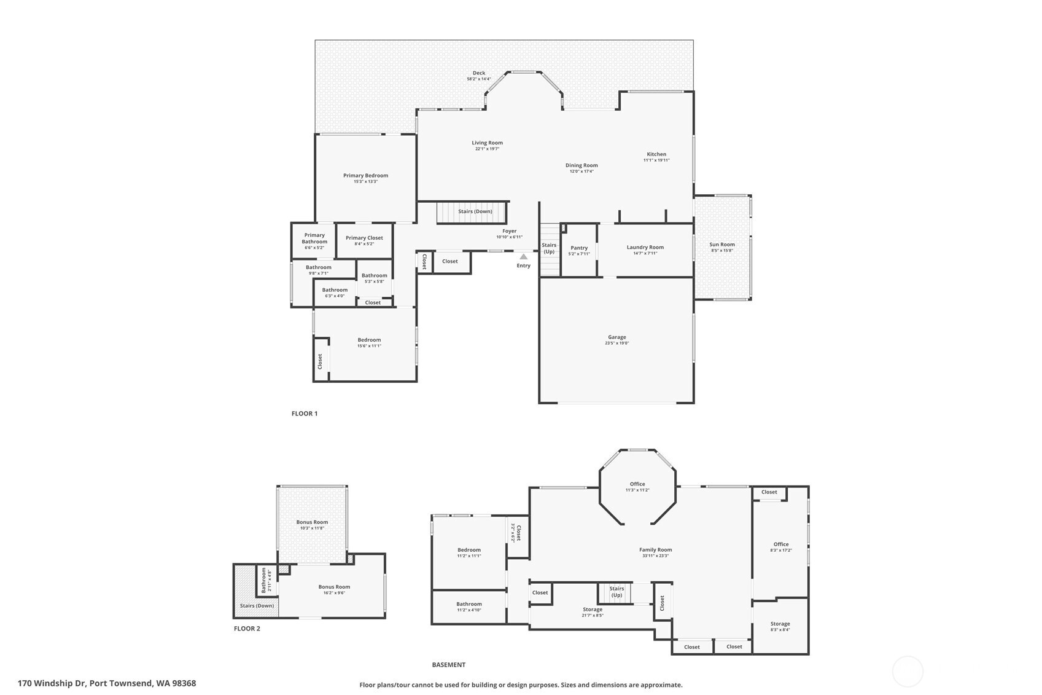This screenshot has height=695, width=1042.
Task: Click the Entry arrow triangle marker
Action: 523,257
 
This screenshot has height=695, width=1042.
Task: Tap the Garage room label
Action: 617,337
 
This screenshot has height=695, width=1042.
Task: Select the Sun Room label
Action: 722,245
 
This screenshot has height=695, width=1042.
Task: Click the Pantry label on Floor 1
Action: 579,248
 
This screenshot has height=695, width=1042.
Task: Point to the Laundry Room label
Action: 645,247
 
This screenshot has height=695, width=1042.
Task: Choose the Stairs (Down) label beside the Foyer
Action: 475,211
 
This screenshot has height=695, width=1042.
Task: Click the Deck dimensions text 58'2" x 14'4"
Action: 479,79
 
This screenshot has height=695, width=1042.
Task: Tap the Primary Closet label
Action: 364,238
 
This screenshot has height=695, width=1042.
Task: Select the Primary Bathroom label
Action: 314,238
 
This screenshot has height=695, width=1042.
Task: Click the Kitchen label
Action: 656,154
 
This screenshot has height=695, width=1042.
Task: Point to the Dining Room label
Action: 581,165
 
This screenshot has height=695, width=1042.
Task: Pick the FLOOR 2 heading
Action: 247,629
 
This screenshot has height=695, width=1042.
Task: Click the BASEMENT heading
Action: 449,665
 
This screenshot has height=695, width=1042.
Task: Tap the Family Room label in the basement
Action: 656,550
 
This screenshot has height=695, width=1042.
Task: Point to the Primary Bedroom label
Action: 365,176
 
